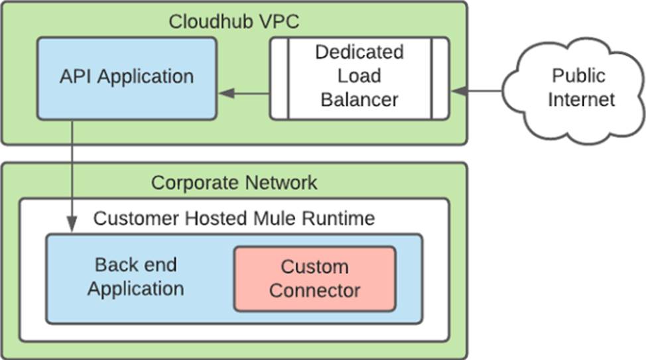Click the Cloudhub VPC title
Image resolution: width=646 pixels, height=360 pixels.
coord(233,21)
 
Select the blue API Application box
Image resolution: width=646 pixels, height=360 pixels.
coord(126,78)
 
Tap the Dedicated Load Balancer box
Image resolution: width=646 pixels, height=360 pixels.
coord(359,77)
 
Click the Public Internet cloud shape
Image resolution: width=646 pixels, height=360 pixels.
coord(573,88)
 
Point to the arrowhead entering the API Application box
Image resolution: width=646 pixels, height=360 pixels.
coord(227,93)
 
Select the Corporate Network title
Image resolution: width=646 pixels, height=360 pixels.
coord(234,182)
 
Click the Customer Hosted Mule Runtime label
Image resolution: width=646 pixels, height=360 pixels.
coord(234,218)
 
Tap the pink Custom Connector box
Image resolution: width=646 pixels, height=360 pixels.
coord(314,278)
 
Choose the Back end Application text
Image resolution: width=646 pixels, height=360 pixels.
coord(136,277)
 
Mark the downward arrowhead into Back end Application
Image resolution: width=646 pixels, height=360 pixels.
coord(72,225)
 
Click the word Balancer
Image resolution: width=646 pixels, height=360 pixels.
coord(359,101)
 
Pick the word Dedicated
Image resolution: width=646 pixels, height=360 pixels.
coord(359,52)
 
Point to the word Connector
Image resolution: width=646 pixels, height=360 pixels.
coord(314,290)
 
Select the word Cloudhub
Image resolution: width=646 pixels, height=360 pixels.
coord(202,21)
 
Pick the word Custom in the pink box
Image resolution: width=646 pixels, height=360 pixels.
coord(314,267)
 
